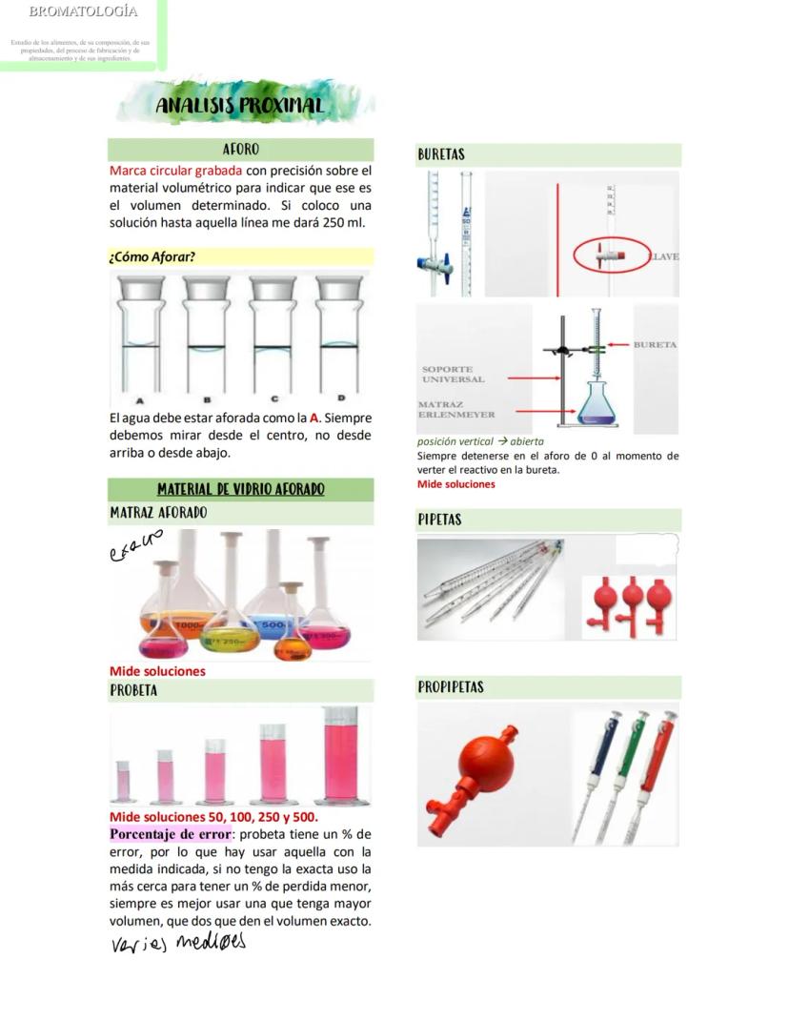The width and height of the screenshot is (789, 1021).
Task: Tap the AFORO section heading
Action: tap(240, 150)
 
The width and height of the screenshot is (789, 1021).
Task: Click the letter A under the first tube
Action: tap(140, 400)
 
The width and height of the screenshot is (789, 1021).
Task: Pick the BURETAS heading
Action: tap(441, 154)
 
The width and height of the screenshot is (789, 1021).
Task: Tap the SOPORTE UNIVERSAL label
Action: tap(454, 374)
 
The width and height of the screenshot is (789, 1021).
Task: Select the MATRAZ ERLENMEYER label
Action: tap(456, 410)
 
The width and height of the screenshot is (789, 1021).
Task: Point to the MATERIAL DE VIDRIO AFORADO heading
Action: tap(240, 489)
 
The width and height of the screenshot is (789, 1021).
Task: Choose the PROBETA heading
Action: tap(133, 689)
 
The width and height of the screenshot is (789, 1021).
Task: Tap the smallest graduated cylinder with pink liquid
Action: tap(123, 781)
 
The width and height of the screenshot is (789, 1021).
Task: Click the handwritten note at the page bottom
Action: tap(177, 943)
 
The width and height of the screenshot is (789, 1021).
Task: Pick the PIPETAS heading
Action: tap(439, 520)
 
